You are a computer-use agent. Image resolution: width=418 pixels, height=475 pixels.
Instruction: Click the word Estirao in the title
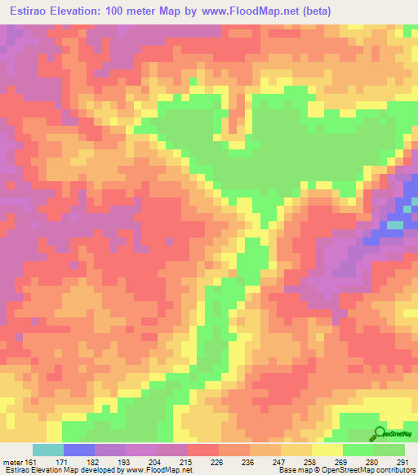32,11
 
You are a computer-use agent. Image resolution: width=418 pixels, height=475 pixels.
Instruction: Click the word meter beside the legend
14,461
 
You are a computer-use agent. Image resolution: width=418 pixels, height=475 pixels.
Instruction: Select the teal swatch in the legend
48,450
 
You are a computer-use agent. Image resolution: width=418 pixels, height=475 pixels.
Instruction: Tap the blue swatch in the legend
79,450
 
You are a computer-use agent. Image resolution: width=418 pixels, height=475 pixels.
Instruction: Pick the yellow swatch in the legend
327,450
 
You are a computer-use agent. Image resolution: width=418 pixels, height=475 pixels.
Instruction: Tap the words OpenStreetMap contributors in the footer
368,470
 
